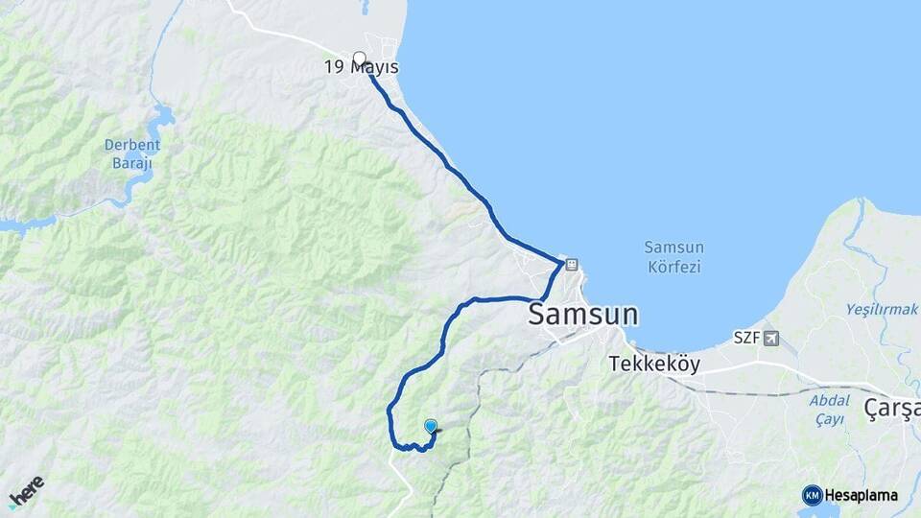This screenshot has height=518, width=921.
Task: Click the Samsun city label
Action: [x=583, y=315]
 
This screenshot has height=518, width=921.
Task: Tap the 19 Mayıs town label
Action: [x=361, y=68]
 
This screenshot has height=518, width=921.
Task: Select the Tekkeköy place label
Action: [x=654, y=365]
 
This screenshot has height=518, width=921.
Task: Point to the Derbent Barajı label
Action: [x=132, y=153]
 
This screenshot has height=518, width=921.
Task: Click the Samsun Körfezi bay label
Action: [x=673, y=256]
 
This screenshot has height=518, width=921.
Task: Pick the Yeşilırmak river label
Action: [x=882, y=309]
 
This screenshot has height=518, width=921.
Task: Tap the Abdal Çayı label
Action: [x=827, y=410]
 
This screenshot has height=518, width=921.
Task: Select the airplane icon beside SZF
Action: [x=772, y=338]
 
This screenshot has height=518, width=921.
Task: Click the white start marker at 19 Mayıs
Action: [x=359, y=58]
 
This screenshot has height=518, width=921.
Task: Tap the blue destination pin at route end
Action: [x=431, y=427]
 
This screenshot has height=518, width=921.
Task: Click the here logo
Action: [x=26, y=490]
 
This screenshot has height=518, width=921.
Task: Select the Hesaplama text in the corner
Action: [x=861, y=495]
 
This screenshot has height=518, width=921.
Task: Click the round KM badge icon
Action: [x=812, y=495]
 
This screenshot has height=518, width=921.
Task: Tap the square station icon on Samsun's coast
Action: [x=572, y=264]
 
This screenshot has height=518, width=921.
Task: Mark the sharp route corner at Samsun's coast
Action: [x=561, y=261]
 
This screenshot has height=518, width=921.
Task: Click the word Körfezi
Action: [x=673, y=267]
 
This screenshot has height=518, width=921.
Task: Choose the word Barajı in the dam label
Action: [x=132, y=163]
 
